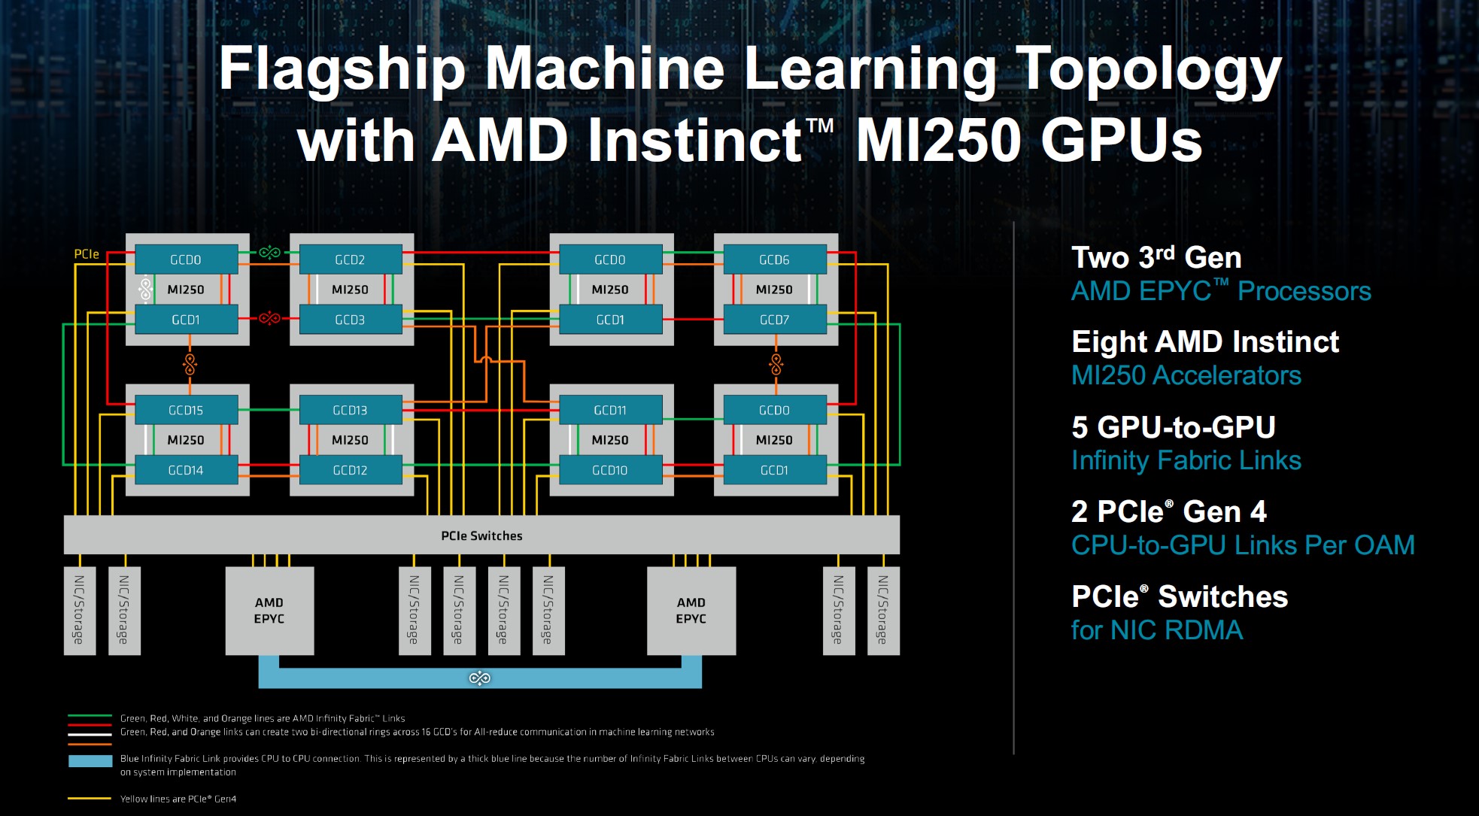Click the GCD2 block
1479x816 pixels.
[350, 259]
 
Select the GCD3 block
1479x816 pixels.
[350, 320]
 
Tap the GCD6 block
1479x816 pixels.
[774, 259]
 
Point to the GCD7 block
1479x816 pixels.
[774, 320]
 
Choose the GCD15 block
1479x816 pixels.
[186, 410]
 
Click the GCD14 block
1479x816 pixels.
[186, 470]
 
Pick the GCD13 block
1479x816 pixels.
[350, 410]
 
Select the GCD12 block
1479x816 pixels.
[350, 470]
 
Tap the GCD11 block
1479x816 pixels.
[610, 410]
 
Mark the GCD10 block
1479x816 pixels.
[610, 470]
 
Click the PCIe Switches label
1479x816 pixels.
[481, 535]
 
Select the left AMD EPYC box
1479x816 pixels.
[269, 611]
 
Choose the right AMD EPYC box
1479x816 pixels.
[691, 611]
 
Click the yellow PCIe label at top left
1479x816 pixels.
[87, 254]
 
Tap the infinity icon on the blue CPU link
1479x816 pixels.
[479, 678]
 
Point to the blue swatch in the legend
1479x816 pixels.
[90, 761]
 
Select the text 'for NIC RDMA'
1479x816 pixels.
[1156, 630]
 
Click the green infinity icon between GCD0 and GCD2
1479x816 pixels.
[269, 253]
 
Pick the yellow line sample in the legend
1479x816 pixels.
[90, 799]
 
